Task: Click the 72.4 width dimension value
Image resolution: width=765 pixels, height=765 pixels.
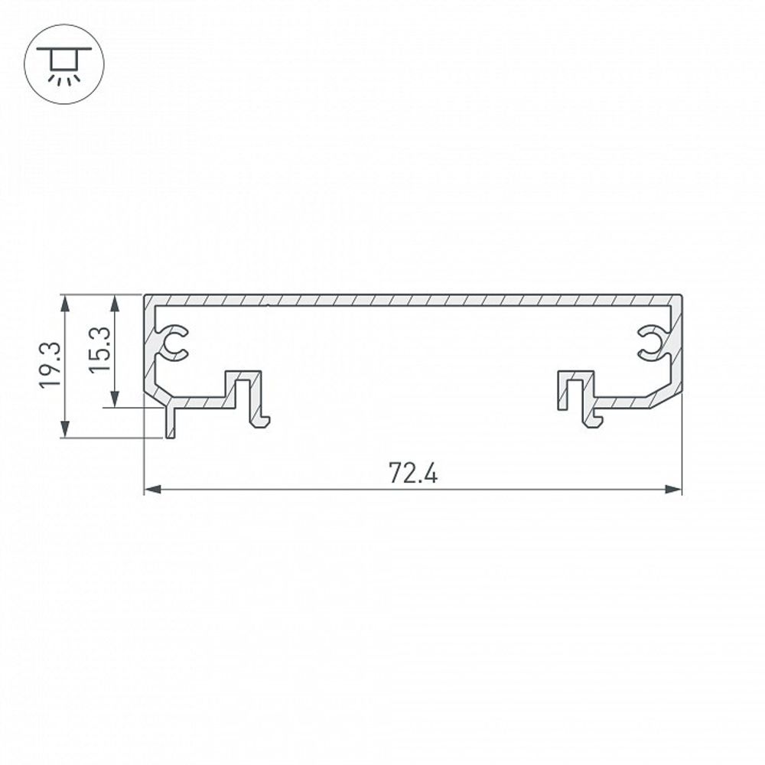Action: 412,474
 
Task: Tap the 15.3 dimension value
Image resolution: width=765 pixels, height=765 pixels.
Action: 103,349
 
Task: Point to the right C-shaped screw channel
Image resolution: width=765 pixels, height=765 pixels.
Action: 652,342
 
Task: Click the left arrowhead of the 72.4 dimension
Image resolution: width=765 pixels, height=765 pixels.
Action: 151,489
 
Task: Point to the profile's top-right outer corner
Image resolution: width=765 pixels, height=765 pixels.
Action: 681,295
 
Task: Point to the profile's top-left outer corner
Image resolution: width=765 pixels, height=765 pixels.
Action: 145,295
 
